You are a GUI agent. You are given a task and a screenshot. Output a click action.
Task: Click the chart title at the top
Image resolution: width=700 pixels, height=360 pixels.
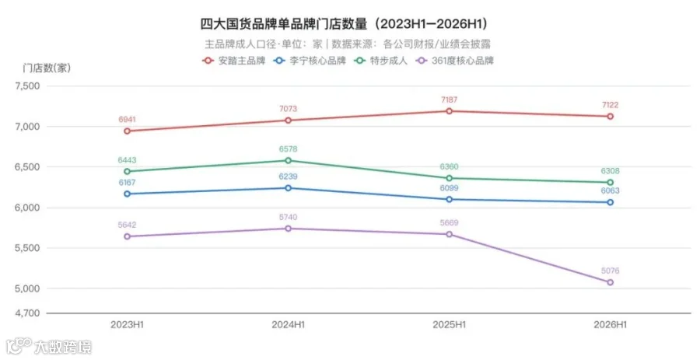(344, 23)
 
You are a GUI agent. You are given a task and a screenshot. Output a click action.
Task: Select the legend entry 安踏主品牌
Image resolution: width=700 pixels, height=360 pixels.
(234, 61)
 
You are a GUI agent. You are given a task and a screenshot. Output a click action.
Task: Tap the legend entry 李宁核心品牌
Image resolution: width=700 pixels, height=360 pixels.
(310, 61)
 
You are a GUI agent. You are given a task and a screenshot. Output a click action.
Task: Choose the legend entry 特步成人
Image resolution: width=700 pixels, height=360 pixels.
(381, 61)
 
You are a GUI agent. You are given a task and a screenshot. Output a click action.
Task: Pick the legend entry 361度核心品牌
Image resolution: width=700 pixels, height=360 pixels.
(455, 61)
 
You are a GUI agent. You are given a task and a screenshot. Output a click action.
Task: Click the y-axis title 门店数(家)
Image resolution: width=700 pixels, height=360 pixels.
(47, 68)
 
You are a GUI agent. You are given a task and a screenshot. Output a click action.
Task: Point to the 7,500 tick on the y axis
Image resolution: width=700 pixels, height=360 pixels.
(28, 86)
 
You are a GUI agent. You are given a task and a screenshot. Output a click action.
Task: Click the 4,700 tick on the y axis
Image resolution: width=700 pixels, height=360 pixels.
(28, 313)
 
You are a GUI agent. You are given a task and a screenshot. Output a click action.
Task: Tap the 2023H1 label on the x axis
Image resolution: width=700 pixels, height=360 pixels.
(128, 325)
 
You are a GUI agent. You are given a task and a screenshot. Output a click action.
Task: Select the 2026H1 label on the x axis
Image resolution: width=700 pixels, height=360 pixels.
(610, 325)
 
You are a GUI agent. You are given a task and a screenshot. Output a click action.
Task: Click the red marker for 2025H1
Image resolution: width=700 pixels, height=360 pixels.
(449, 111)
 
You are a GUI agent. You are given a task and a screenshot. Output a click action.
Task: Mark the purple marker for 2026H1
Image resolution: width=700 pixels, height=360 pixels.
(610, 282)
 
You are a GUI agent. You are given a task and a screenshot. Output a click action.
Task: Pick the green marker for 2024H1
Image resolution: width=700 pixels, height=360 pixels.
(288, 161)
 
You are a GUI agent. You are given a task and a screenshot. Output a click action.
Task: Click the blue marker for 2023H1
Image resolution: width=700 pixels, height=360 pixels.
(128, 194)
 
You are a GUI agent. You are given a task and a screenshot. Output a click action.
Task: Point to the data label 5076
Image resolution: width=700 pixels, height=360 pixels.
(610, 271)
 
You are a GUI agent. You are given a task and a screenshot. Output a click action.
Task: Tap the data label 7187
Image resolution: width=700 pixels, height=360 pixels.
(449, 100)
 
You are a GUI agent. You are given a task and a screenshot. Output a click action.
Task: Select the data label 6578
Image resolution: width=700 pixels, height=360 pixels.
(288, 149)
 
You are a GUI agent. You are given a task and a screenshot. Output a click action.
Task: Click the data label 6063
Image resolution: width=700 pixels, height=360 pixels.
(610, 190)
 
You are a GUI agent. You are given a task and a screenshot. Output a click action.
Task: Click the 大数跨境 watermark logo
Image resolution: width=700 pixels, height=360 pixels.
(49, 346)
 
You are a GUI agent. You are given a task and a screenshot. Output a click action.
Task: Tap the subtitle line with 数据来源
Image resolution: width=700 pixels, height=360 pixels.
(348, 44)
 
